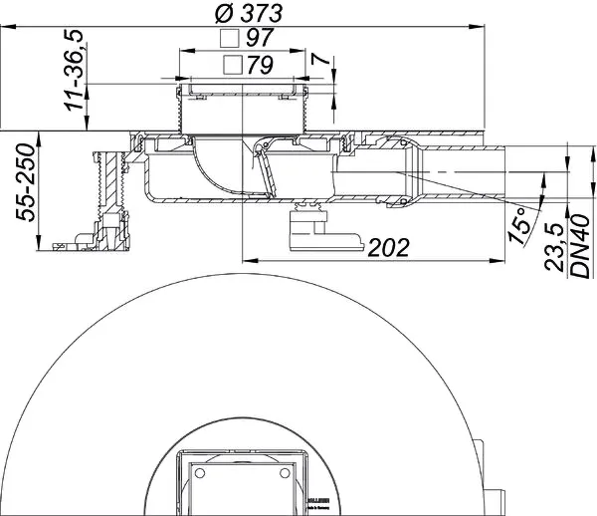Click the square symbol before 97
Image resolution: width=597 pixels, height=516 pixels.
231,40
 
